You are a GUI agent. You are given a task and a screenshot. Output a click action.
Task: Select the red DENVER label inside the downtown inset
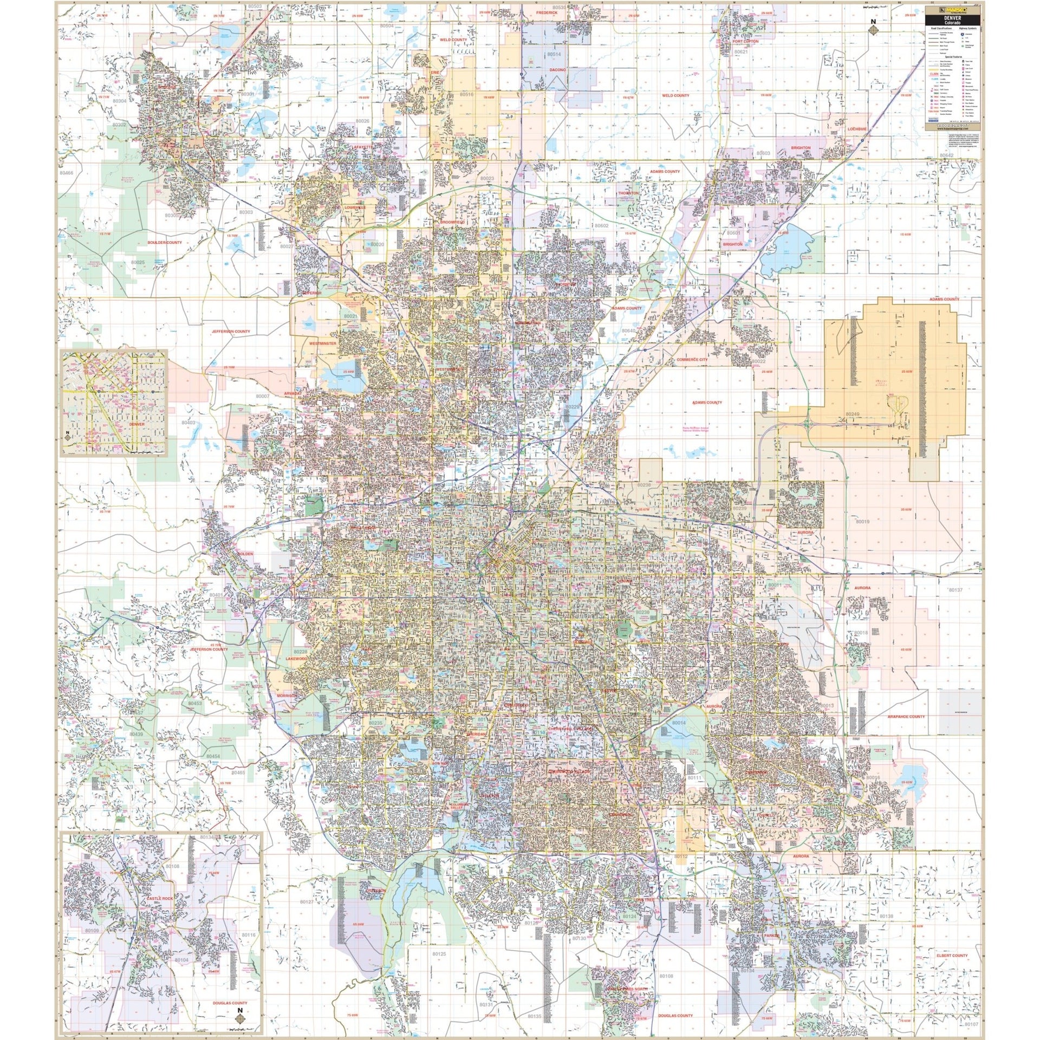[138, 424]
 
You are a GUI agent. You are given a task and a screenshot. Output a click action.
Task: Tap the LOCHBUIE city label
[857, 129]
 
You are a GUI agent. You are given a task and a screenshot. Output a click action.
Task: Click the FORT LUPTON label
[746, 41]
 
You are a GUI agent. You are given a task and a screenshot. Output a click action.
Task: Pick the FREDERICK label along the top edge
[547, 12]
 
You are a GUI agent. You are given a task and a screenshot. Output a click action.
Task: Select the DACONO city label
[557, 70]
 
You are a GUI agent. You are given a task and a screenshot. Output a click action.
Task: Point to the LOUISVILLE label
[355, 207]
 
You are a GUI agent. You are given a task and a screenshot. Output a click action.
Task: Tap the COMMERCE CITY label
[692, 360]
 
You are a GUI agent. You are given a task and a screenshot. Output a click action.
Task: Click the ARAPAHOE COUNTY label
[906, 717]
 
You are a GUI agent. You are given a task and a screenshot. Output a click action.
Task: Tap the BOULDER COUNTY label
[165, 243]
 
